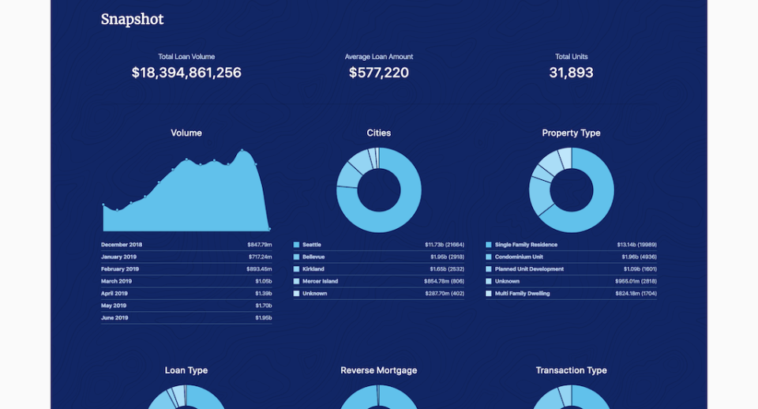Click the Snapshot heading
click(x=132, y=20)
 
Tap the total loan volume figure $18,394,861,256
click(x=186, y=73)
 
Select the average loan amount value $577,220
click(x=379, y=73)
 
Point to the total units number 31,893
click(x=571, y=73)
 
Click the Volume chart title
click(x=186, y=133)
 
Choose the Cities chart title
click(x=379, y=133)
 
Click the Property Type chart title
click(x=571, y=133)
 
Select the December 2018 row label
click(x=122, y=245)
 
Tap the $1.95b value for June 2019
click(x=264, y=318)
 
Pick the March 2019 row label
click(x=117, y=281)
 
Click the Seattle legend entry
click(x=312, y=245)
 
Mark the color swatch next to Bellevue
click(x=297, y=257)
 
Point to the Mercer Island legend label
click(x=320, y=281)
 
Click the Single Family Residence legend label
click(x=527, y=245)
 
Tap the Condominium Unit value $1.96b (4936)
click(x=636, y=257)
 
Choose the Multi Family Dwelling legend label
click(x=523, y=294)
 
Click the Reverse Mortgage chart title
click(x=379, y=370)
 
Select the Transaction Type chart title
click(x=571, y=370)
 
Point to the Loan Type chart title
click(x=186, y=370)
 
